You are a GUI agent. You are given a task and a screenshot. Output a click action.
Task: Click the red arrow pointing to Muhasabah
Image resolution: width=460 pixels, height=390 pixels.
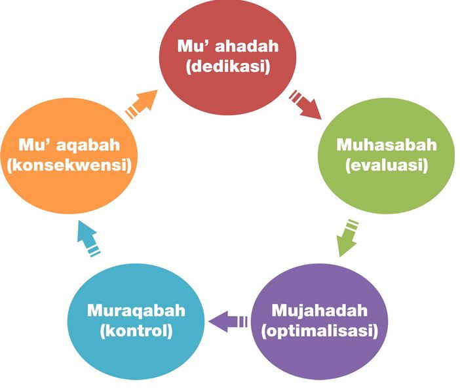pos(306,104)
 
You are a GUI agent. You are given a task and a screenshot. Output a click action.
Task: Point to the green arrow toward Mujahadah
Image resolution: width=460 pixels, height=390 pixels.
pos(347,238)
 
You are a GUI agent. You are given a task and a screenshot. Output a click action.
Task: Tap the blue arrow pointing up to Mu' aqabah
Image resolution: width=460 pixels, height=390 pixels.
pos(87,237)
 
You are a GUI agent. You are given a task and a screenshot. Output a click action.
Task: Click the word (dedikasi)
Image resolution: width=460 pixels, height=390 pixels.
pos(228,68)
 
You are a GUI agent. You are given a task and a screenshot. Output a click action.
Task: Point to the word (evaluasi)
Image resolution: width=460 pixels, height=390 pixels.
pos(386,166)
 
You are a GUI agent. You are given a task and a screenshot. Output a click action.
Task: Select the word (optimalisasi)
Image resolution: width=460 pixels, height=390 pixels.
pos(319,330)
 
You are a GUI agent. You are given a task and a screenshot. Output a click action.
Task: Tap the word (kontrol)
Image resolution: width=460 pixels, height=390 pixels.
pos(136,330)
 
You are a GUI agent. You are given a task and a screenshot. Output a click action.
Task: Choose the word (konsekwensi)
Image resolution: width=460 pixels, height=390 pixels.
pos(69,165)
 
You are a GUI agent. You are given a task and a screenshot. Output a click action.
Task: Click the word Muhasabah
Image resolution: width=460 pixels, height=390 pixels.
pos(386,145)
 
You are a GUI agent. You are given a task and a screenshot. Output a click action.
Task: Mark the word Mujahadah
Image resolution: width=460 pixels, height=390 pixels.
pos(319,309)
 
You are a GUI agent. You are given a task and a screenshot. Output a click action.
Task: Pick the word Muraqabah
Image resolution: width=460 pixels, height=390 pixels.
pos(136,309)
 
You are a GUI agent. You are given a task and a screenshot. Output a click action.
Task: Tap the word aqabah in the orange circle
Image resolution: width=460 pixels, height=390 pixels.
pos(88,144)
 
